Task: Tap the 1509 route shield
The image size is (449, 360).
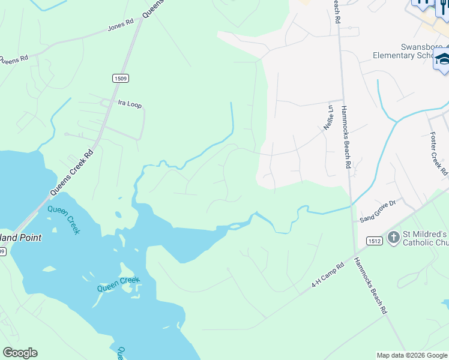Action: pyautogui.click(x=120, y=78)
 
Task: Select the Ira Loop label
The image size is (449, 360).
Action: pyautogui.click(x=130, y=105)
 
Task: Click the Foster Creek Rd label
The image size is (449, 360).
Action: pyautogui.click(x=438, y=154)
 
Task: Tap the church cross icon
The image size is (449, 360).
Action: pyautogui.click(x=393, y=238)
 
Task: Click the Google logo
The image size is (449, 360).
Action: pyautogui.click(x=20, y=353)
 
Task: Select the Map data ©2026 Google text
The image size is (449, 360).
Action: pyautogui.click(x=411, y=355)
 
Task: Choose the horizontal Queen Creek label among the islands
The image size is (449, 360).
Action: pyautogui.click(x=119, y=284)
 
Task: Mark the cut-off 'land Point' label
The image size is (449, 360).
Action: pyautogui.click(x=21, y=238)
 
